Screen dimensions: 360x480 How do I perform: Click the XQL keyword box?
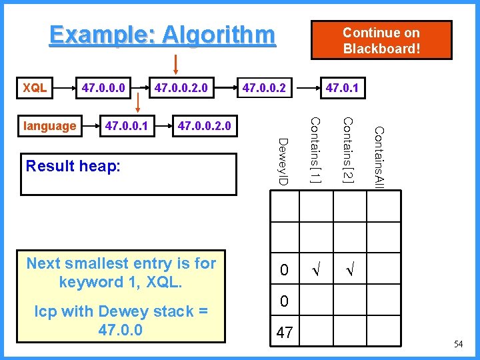[x=35, y=87]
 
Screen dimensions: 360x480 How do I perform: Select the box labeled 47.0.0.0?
[x=105, y=87]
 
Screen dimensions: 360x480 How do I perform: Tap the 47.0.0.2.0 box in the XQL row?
[x=181, y=87]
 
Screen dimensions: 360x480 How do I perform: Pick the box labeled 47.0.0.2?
[x=265, y=87]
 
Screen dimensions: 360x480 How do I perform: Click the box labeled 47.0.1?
[x=341, y=87]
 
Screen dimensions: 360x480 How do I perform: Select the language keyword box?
[x=49, y=125]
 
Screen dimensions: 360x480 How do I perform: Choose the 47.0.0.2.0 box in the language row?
[x=204, y=125]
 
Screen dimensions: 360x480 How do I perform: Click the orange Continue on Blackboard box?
[x=381, y=41]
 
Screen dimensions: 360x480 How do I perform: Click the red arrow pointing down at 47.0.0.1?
[x=139, y=103]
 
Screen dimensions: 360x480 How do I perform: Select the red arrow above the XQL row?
[x=176, y=64]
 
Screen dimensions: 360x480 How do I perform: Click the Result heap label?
[x=73, y=166]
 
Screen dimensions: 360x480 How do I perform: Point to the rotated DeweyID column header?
[x=283, y=162]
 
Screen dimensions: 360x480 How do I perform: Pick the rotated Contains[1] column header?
[x=316, y=149]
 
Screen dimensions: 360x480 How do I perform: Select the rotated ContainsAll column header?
[x=378, y=157]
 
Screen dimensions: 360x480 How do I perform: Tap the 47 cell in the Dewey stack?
[x=285, y=333]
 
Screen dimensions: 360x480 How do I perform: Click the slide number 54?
[x=458, y=344]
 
